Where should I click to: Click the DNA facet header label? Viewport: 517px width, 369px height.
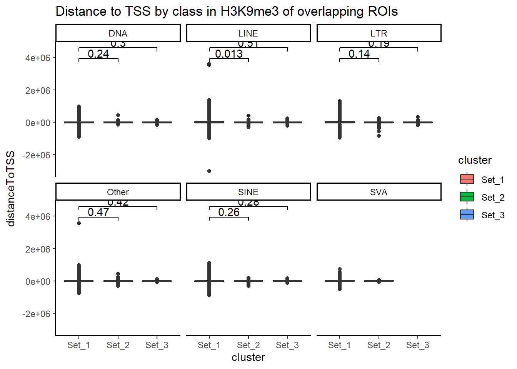point(118,33)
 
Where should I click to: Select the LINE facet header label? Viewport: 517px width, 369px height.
point(248,33)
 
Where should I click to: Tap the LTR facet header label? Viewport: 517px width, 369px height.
point(379,33)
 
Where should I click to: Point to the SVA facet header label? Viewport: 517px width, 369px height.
point(379,192)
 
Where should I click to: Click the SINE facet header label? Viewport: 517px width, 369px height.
point(248,192)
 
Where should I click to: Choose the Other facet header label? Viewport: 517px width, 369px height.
point(118,192)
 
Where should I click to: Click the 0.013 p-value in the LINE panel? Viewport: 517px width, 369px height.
point(229,54)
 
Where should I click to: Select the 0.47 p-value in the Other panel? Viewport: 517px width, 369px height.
point(98,212)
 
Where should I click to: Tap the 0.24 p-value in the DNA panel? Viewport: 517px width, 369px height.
point(98,54)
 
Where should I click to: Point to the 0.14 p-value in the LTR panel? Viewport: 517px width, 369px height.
point(359,54)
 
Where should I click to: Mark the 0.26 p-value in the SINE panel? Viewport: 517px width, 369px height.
point(229,212)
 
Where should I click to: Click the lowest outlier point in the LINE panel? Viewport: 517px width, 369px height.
point(209,171)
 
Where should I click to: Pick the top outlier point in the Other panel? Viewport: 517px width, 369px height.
point(79,223)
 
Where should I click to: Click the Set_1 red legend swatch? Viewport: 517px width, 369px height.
point(467,180)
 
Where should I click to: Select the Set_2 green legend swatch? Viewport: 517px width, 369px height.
point(467,197)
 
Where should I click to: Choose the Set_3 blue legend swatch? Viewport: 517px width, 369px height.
point(467,215)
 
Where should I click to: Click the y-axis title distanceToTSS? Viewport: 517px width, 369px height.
point(11,188)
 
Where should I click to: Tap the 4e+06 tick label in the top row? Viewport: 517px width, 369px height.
point(38,58)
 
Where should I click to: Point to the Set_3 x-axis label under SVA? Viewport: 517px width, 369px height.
point(418,345)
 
